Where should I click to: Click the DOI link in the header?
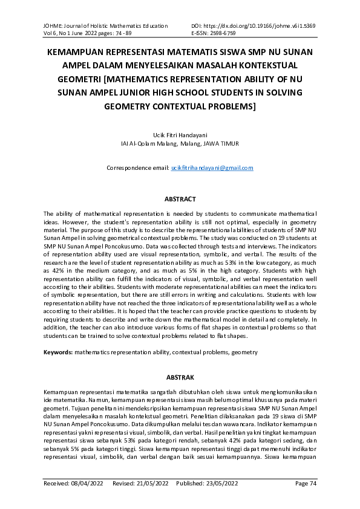[x=261, y=26]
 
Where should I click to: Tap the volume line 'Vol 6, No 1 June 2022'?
[x=72, y=33]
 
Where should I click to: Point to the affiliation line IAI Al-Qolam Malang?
[x=180, y=144]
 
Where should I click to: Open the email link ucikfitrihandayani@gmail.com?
[x=212, y=167]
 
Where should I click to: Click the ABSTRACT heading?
[x=180, y=199]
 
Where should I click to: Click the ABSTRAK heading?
[x=180, y=377]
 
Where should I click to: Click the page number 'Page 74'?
[x=306, y=484]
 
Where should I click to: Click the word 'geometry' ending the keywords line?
[x=245, y=352]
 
